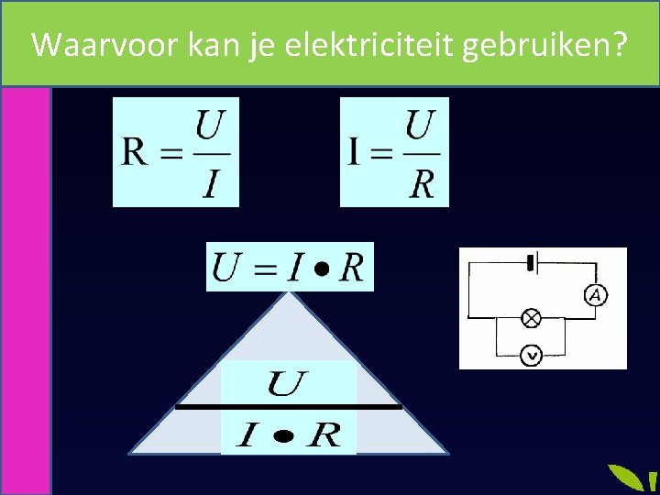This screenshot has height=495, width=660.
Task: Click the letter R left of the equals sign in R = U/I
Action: coord(134,152)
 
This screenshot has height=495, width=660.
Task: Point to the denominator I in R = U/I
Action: coord(211,183)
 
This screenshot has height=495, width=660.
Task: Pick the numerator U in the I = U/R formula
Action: coord(421,124)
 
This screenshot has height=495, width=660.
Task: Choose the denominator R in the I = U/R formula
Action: coord(421,183)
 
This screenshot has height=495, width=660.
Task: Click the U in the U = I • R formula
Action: coord(225,267)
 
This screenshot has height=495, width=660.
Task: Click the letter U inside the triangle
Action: coord(286,382)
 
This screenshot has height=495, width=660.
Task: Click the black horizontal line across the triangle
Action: coord(289,406)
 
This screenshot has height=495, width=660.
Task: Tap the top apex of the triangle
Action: coord(290,294)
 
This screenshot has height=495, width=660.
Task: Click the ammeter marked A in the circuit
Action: coord(596,294)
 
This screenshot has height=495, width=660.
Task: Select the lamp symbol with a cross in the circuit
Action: coord(531,318)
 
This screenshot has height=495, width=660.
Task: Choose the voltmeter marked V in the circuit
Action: coord(531,355)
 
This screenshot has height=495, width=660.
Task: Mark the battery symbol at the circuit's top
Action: coord(530,263)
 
